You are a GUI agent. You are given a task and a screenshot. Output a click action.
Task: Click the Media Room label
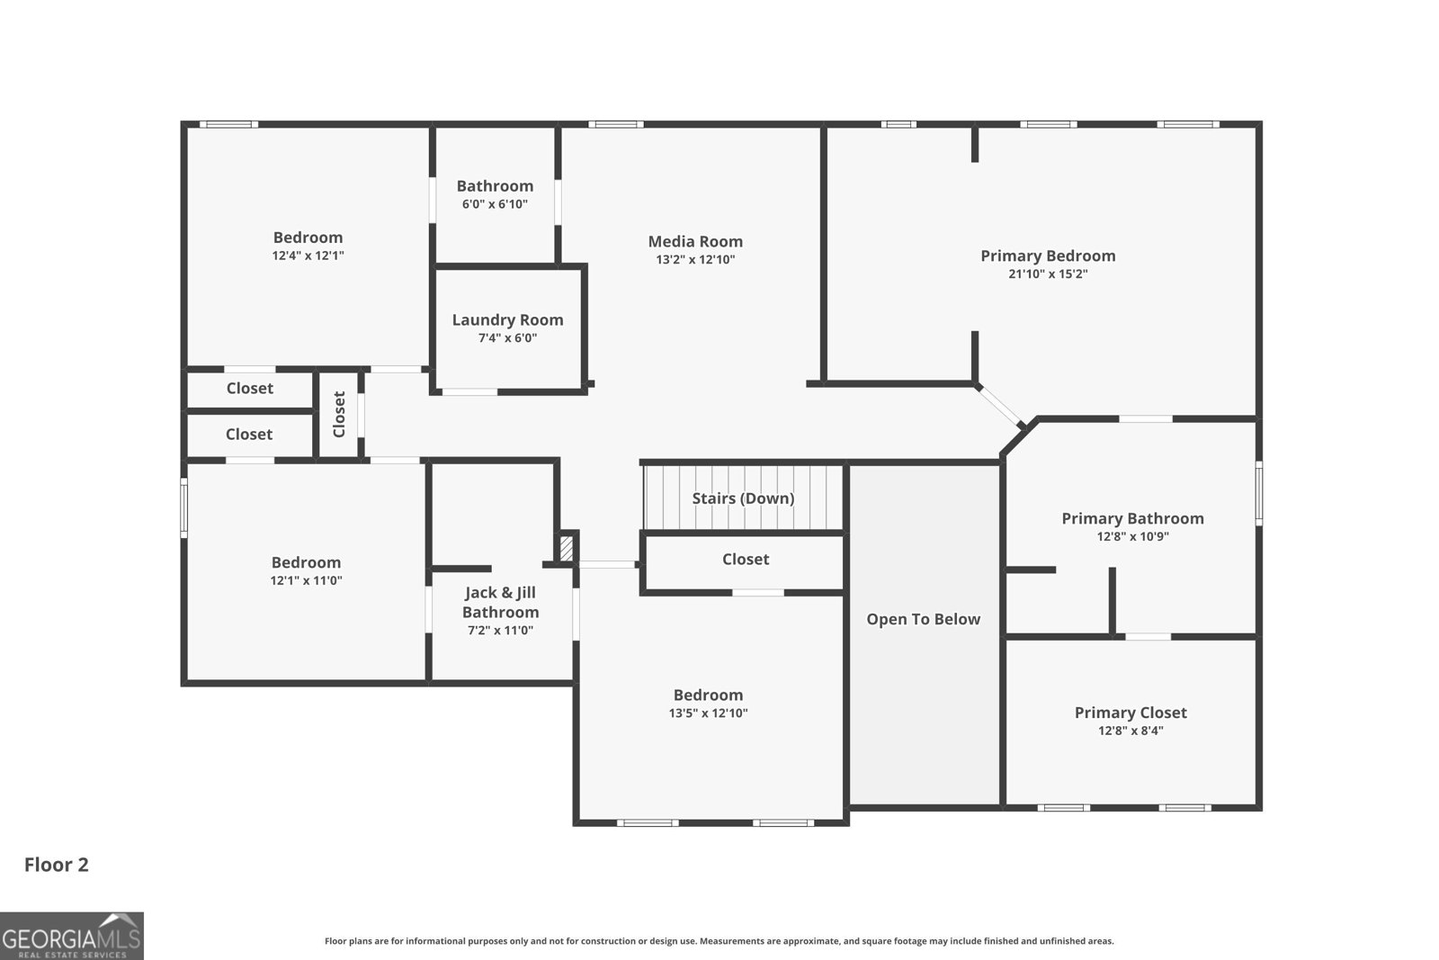(695, 242)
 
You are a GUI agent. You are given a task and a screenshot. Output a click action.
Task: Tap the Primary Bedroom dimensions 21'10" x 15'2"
(1048, 274)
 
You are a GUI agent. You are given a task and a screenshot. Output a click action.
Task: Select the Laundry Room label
(507, 320)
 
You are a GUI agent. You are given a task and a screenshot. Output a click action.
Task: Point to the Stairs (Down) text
(743, 498)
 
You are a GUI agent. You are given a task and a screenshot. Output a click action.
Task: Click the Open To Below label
(923, 619)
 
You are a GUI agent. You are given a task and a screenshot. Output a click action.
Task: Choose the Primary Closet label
(1131, 713)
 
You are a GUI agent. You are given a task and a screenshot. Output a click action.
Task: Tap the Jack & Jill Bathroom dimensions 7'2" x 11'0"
(500, 631)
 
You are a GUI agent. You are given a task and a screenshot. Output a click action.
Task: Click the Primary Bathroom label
(1132, 518)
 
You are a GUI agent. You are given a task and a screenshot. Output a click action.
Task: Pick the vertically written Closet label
(339, 415)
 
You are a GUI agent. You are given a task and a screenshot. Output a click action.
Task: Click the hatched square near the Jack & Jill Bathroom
(566, 548)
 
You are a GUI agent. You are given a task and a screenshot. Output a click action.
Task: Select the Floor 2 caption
(57, 865)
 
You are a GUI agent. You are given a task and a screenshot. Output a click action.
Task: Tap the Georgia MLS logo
(71, 936)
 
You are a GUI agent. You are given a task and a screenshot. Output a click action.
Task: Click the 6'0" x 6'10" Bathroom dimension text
(495, 204)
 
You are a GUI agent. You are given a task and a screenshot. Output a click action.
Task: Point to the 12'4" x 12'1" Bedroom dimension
(308, 256)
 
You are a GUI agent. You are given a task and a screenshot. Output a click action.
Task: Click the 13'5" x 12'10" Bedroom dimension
(708, 713)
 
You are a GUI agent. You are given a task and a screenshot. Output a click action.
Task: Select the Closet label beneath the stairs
(746, 560)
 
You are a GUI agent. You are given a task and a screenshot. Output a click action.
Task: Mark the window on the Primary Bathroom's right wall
(1259, 493)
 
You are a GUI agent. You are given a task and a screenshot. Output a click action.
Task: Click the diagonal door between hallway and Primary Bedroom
(999, 406)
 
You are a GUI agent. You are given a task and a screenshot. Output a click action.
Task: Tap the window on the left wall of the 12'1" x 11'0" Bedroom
(183, 507)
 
